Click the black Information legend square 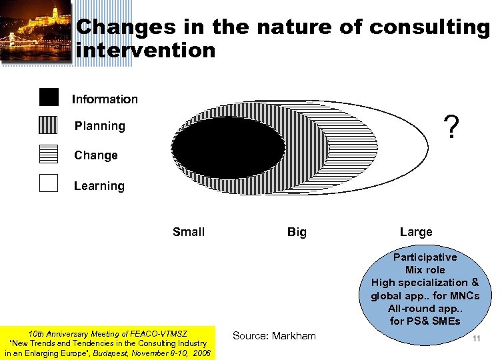[x=49, y=97]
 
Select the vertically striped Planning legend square [x=49, y=125]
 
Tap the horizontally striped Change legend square [x=49, y=154]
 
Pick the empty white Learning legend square [x=49, y=183]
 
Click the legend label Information [x=105, y=99]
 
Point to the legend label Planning [x=99, y=126]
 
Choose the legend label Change [x=96, y=155]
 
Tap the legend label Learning [x=99, y=186]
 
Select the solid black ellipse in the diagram [x=228, y=147]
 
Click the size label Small [x=189, y=232]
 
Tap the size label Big [x=297, y=232]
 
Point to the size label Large [x=416, y=232]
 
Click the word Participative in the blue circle [x=425, y=257]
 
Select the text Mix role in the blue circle [x=425, y=270]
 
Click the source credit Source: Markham [x=273, y=335]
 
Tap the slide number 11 [x=476, y=339]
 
